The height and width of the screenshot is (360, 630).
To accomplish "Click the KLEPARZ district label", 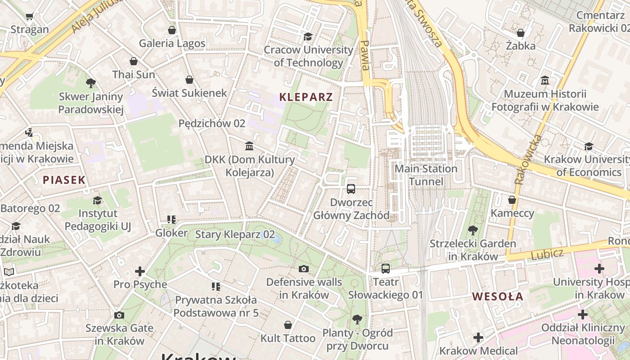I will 306,97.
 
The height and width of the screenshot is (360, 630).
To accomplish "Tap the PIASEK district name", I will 64,180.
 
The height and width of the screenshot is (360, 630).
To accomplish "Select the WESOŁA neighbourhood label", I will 498,297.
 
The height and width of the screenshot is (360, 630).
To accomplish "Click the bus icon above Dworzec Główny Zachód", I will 351,189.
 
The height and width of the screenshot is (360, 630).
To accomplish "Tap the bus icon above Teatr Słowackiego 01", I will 386,269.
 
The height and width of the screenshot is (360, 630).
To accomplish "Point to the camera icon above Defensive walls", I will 304,269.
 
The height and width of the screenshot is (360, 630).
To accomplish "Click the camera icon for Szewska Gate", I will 119,315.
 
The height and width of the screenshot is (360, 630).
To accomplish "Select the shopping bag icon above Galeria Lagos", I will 171,30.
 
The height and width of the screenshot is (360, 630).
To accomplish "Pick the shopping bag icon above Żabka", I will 521,33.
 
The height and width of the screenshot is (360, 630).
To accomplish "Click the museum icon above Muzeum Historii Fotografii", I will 545,81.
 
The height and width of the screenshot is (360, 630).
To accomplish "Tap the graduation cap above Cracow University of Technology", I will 308,36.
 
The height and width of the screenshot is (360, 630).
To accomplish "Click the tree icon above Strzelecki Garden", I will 472,230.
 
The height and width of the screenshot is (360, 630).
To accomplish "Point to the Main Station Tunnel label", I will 426,175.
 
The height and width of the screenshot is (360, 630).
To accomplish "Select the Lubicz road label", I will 547,254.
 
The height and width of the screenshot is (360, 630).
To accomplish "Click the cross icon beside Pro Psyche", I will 140,271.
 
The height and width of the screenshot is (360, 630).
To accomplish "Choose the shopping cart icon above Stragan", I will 30,17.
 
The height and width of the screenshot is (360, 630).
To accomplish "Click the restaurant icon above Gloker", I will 171,220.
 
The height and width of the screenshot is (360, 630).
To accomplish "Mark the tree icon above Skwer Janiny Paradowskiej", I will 90,83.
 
